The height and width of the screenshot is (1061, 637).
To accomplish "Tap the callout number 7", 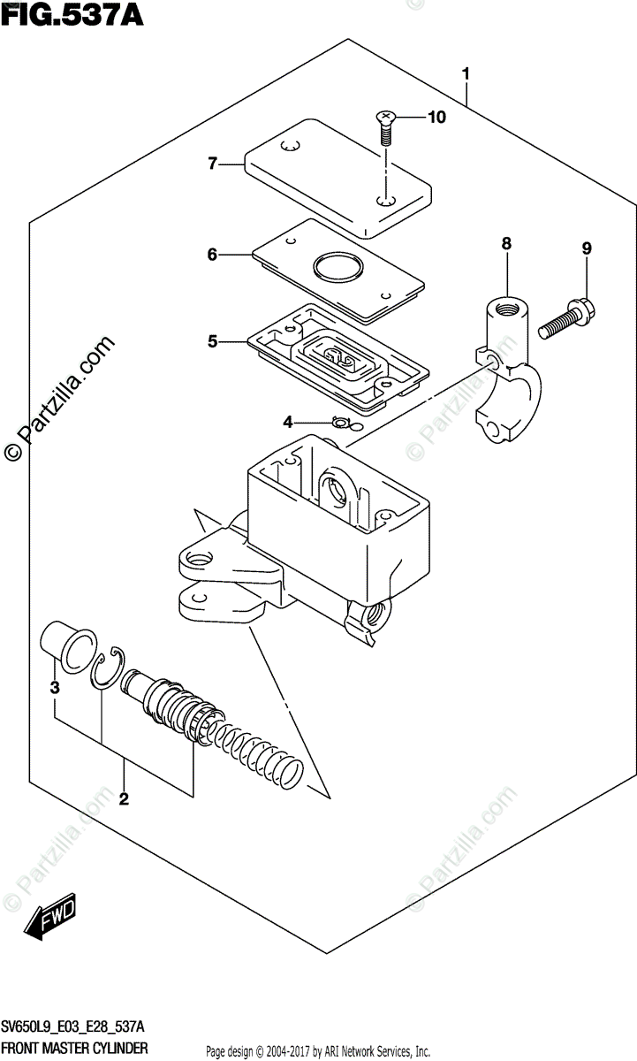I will coord(212,164).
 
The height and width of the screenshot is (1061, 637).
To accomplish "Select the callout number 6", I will coord(212,255).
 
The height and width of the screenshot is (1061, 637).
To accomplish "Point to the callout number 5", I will coord(212,340).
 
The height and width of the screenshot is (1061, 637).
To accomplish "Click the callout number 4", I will coord(287,423).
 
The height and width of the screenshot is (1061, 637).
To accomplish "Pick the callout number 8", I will coord(506,242).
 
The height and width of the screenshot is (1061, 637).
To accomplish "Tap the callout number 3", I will coord(54,687).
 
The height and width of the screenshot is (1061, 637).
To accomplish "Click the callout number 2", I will coord(124,800).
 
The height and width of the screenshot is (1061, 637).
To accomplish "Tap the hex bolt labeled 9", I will coord(565,316).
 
